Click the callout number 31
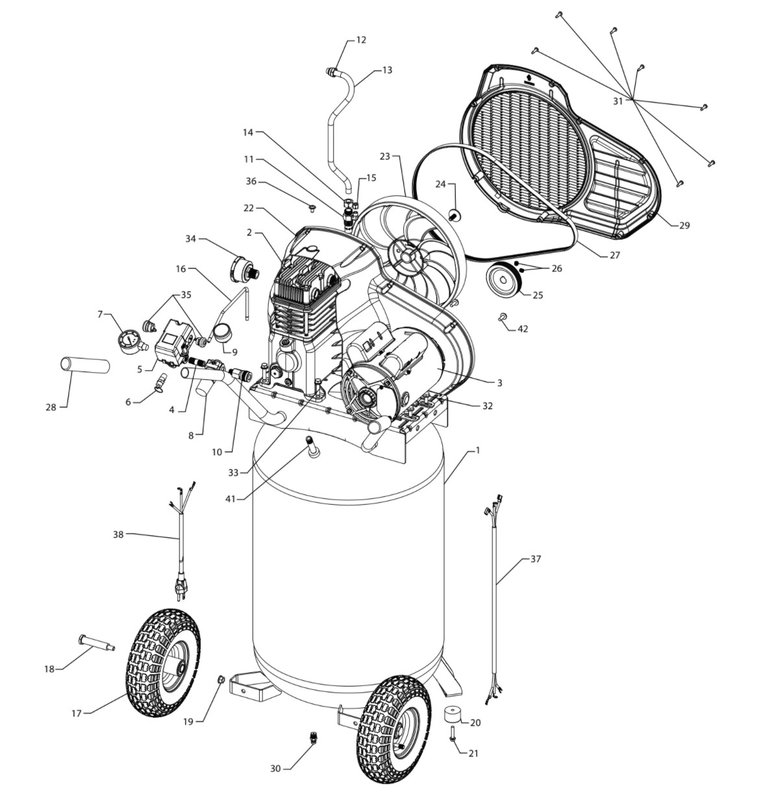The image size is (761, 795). (x=618, y=101)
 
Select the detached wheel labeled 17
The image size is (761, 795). (x=163, y=662)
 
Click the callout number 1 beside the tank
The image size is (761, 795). (x=477, y=450)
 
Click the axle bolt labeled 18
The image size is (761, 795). (x=96, y=644)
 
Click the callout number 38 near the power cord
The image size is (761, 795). (x=118, y=535)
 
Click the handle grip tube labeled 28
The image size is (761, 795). (x=85, y=365)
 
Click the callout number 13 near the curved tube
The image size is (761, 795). (x=387, y=70)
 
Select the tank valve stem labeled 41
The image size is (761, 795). (x=313, y=447)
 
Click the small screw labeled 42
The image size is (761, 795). (x=503, y=316)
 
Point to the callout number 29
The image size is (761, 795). (x=684, y=225)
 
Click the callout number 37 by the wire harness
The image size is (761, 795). (x=536, y=559)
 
